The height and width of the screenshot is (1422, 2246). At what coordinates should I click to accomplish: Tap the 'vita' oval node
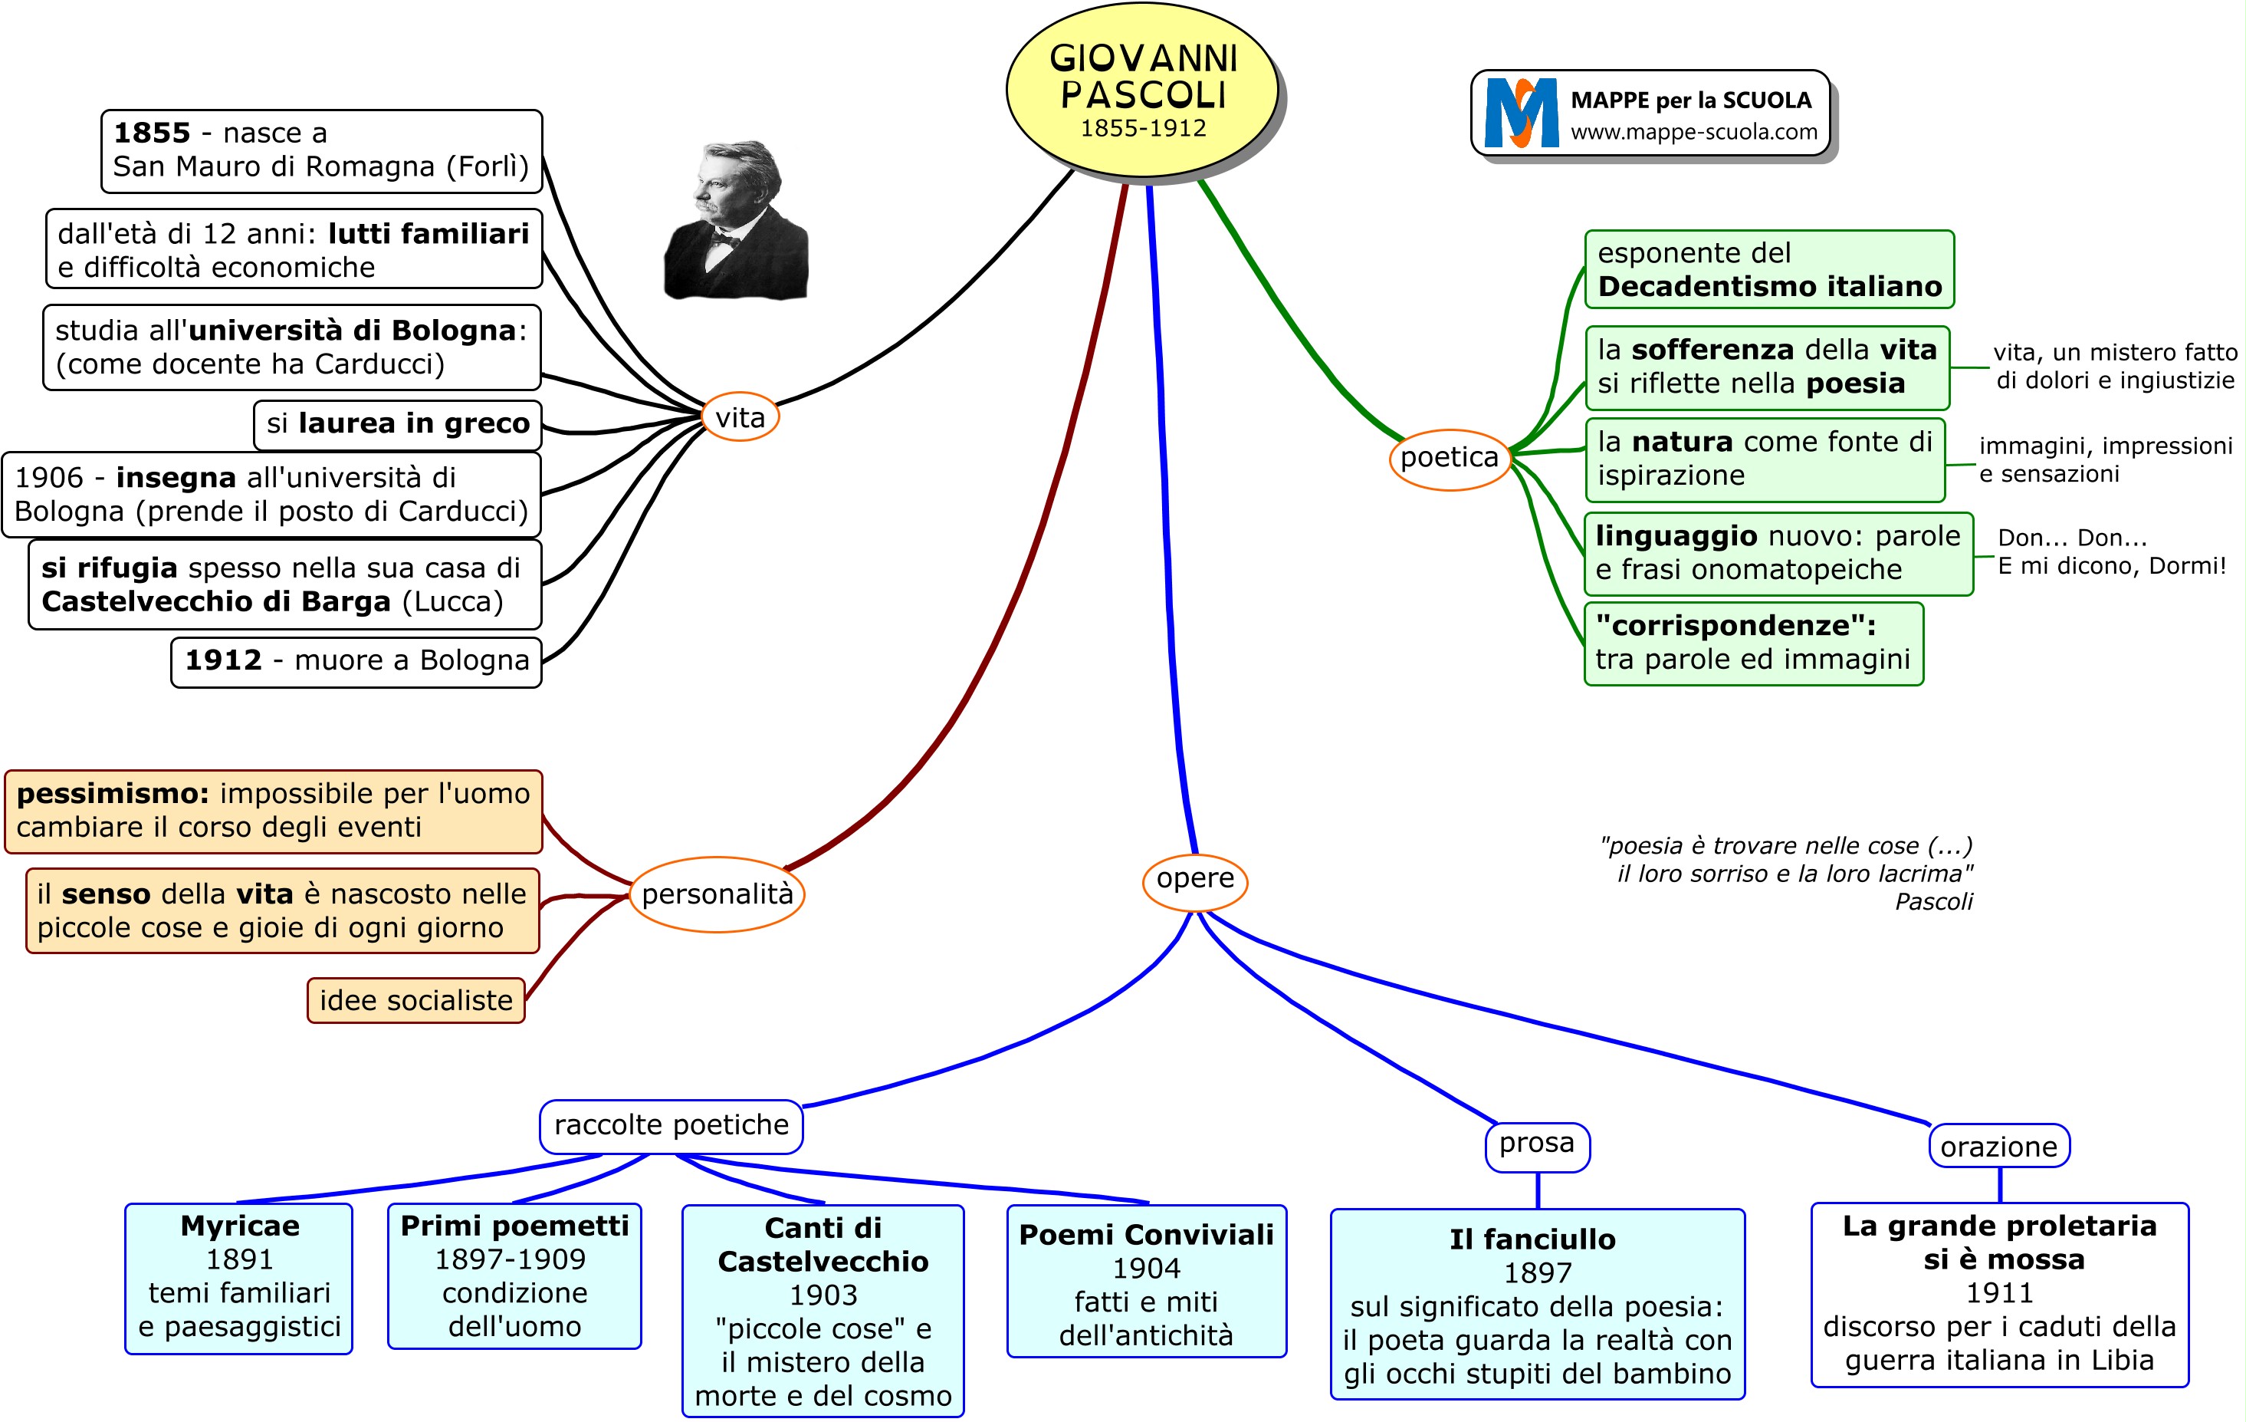click(x=740, y=417)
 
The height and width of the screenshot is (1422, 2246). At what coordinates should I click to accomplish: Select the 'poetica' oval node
click(x=1449, y=457)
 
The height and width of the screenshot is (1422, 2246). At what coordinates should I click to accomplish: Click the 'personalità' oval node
click(x=716, y=894)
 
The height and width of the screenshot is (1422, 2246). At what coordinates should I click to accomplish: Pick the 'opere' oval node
click(x=1195, y=879)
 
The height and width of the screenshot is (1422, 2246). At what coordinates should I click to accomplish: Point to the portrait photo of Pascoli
click(x=736, y=221)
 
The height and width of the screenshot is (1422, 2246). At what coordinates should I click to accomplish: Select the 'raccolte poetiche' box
click(x=671, y=1125)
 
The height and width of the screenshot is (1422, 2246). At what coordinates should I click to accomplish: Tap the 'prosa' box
click(x=1536, y=1144)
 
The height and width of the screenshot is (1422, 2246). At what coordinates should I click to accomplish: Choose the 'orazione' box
click(x=1999, y=1147)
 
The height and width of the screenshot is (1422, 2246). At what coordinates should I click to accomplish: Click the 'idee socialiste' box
click(x=416, y=1000)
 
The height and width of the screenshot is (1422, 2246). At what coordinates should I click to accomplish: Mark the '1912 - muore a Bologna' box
click(x=356, y=660)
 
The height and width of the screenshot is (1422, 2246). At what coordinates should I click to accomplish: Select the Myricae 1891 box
click(x=238, y=1276)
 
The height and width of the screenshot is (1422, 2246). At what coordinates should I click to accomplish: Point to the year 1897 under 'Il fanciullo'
click(x=1537, y=1272)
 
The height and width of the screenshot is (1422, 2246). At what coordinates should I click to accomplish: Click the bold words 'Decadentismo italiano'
click(x=1769, y=286)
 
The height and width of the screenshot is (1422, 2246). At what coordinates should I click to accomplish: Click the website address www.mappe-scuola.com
click(x=1694, y=133)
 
